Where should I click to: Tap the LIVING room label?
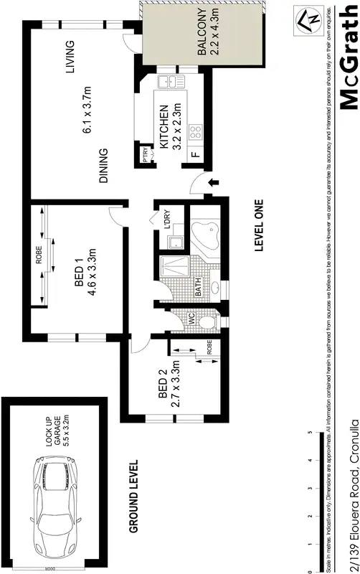click(70, 58)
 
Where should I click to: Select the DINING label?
click(103, 166)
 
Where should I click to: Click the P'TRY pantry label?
click(146, 155)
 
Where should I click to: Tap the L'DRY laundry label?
click(166, 220)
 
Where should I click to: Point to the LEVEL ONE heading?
click(260, 225)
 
